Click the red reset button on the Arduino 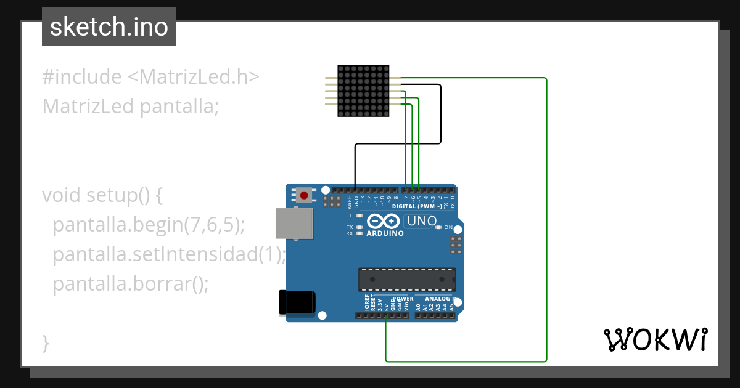[304, 196]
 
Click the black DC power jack [297, 302]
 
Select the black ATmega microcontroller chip [407, 279]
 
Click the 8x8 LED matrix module [363, 91]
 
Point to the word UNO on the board [422, 220]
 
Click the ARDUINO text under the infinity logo [385, 234]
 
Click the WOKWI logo [656, 339]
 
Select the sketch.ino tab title [109, 27]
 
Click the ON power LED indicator [439, 227]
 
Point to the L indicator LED [359, 216]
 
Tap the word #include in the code [82, 78]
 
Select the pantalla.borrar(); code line [131, 285]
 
